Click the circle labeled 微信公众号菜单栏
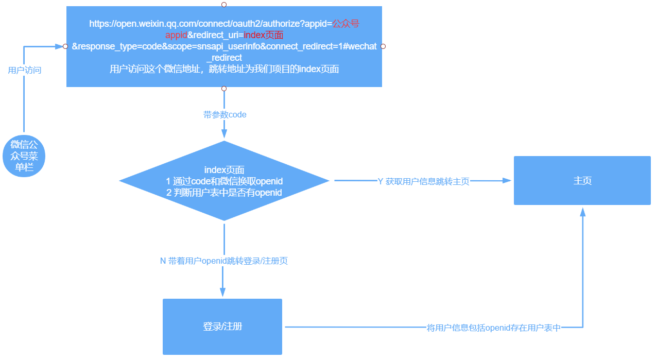click(x=24, y=157)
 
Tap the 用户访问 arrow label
click(x=25, y=70)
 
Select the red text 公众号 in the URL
click(x=345, y=24)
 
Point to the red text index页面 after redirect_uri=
click(x=263, y=35)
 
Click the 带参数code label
click(x=225, y=115)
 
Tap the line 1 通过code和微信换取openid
click(x=225, y=181)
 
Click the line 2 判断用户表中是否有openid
click(x=225, y=193)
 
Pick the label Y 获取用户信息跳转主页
click(x=423, y=181)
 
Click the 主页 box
click(x=582, y=181)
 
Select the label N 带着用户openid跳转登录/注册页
click(x=224, y=261)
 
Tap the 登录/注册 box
click(x=222, y=327)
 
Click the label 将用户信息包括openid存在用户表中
click(x=494, y=328)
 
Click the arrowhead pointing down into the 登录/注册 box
click(x=223, y=292)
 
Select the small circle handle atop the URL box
click(x=223, y=5)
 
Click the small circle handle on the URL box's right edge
click(x=383, y=46)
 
